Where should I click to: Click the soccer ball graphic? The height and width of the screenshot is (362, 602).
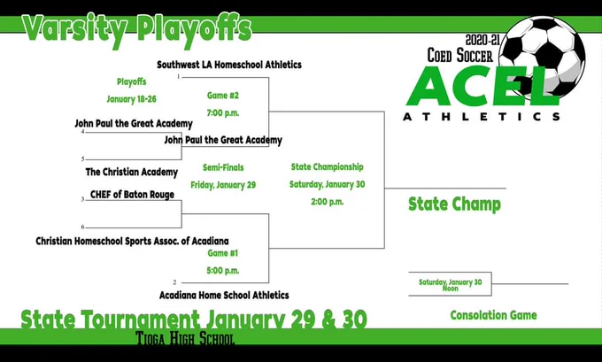click(x=543, y=58)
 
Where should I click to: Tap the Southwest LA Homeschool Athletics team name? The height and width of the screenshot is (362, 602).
click(x=229, y=65)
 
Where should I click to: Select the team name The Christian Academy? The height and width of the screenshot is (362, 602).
click(x=132, y=172)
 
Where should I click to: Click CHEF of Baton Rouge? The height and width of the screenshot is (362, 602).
click(x=132, y=195)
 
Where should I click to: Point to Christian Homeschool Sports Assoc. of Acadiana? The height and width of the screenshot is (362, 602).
click(x=132, y=241)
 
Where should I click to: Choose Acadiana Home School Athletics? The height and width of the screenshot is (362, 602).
click(x=224, y=296)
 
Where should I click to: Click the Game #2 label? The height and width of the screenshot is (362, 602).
click(x=223, y=96)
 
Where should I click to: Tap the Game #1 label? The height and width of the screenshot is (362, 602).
click(x=223, y=253)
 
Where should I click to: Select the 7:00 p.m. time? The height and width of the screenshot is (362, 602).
click(x=223, y=113)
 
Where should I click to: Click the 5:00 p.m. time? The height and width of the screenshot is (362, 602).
click(x=223, y=271)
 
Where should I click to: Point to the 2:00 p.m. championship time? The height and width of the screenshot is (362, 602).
click(x=327, y=202)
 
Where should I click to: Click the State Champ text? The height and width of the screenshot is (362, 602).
click(x=454, y=204)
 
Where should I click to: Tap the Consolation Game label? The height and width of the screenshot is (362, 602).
click(x=494, y=315)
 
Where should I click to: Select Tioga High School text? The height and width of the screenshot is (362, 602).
click(x=185, y=338)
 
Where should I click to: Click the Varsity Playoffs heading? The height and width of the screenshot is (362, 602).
click(x=137, y=28)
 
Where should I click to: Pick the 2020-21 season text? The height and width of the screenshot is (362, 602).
click(x=482, y=40)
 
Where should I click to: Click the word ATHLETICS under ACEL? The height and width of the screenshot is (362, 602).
click(x=482, y=117)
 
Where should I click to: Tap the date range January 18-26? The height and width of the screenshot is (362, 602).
click(x=131, y=99)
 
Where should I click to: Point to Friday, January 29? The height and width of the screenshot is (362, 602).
click(x=223, y=185)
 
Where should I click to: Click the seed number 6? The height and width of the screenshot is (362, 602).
click(x=82, y=227)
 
